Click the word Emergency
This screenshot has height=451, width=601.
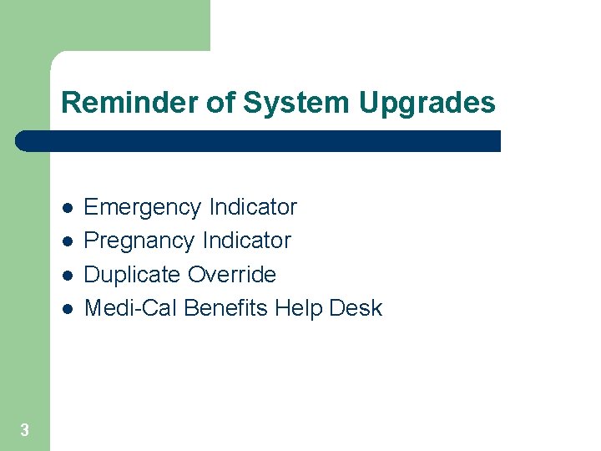(144, 207)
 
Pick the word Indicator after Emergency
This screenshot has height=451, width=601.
(253, 206)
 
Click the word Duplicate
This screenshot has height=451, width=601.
(133, 275)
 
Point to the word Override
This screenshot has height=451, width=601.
(231, 274)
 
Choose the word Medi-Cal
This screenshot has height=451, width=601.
(131, 308)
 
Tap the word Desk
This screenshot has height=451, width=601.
(356, 308)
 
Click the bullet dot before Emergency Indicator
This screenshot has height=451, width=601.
(67, 208)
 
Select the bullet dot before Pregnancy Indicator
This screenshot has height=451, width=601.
(67, 241)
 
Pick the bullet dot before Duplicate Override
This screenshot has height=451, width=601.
(67, 276)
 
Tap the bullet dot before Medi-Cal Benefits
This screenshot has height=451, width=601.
(67, 309)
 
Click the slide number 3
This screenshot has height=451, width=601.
(24, 430)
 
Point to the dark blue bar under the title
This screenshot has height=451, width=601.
(259, 141)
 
